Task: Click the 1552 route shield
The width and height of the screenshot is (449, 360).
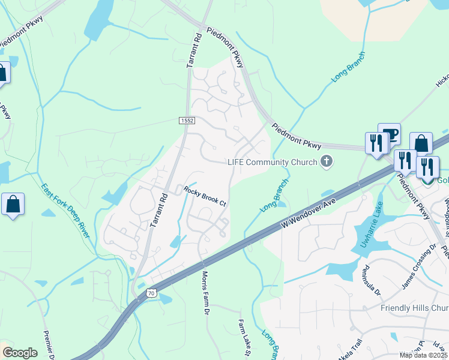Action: coord(187,121)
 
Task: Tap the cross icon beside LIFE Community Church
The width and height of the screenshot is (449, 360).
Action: coord(327,160)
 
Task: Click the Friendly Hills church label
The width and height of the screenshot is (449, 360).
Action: coord(414,308)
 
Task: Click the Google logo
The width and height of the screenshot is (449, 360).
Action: coord(20,353)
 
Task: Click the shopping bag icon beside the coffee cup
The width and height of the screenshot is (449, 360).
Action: coord(421,143)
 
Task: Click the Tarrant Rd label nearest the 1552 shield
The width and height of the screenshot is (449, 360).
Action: coord(197,49)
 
